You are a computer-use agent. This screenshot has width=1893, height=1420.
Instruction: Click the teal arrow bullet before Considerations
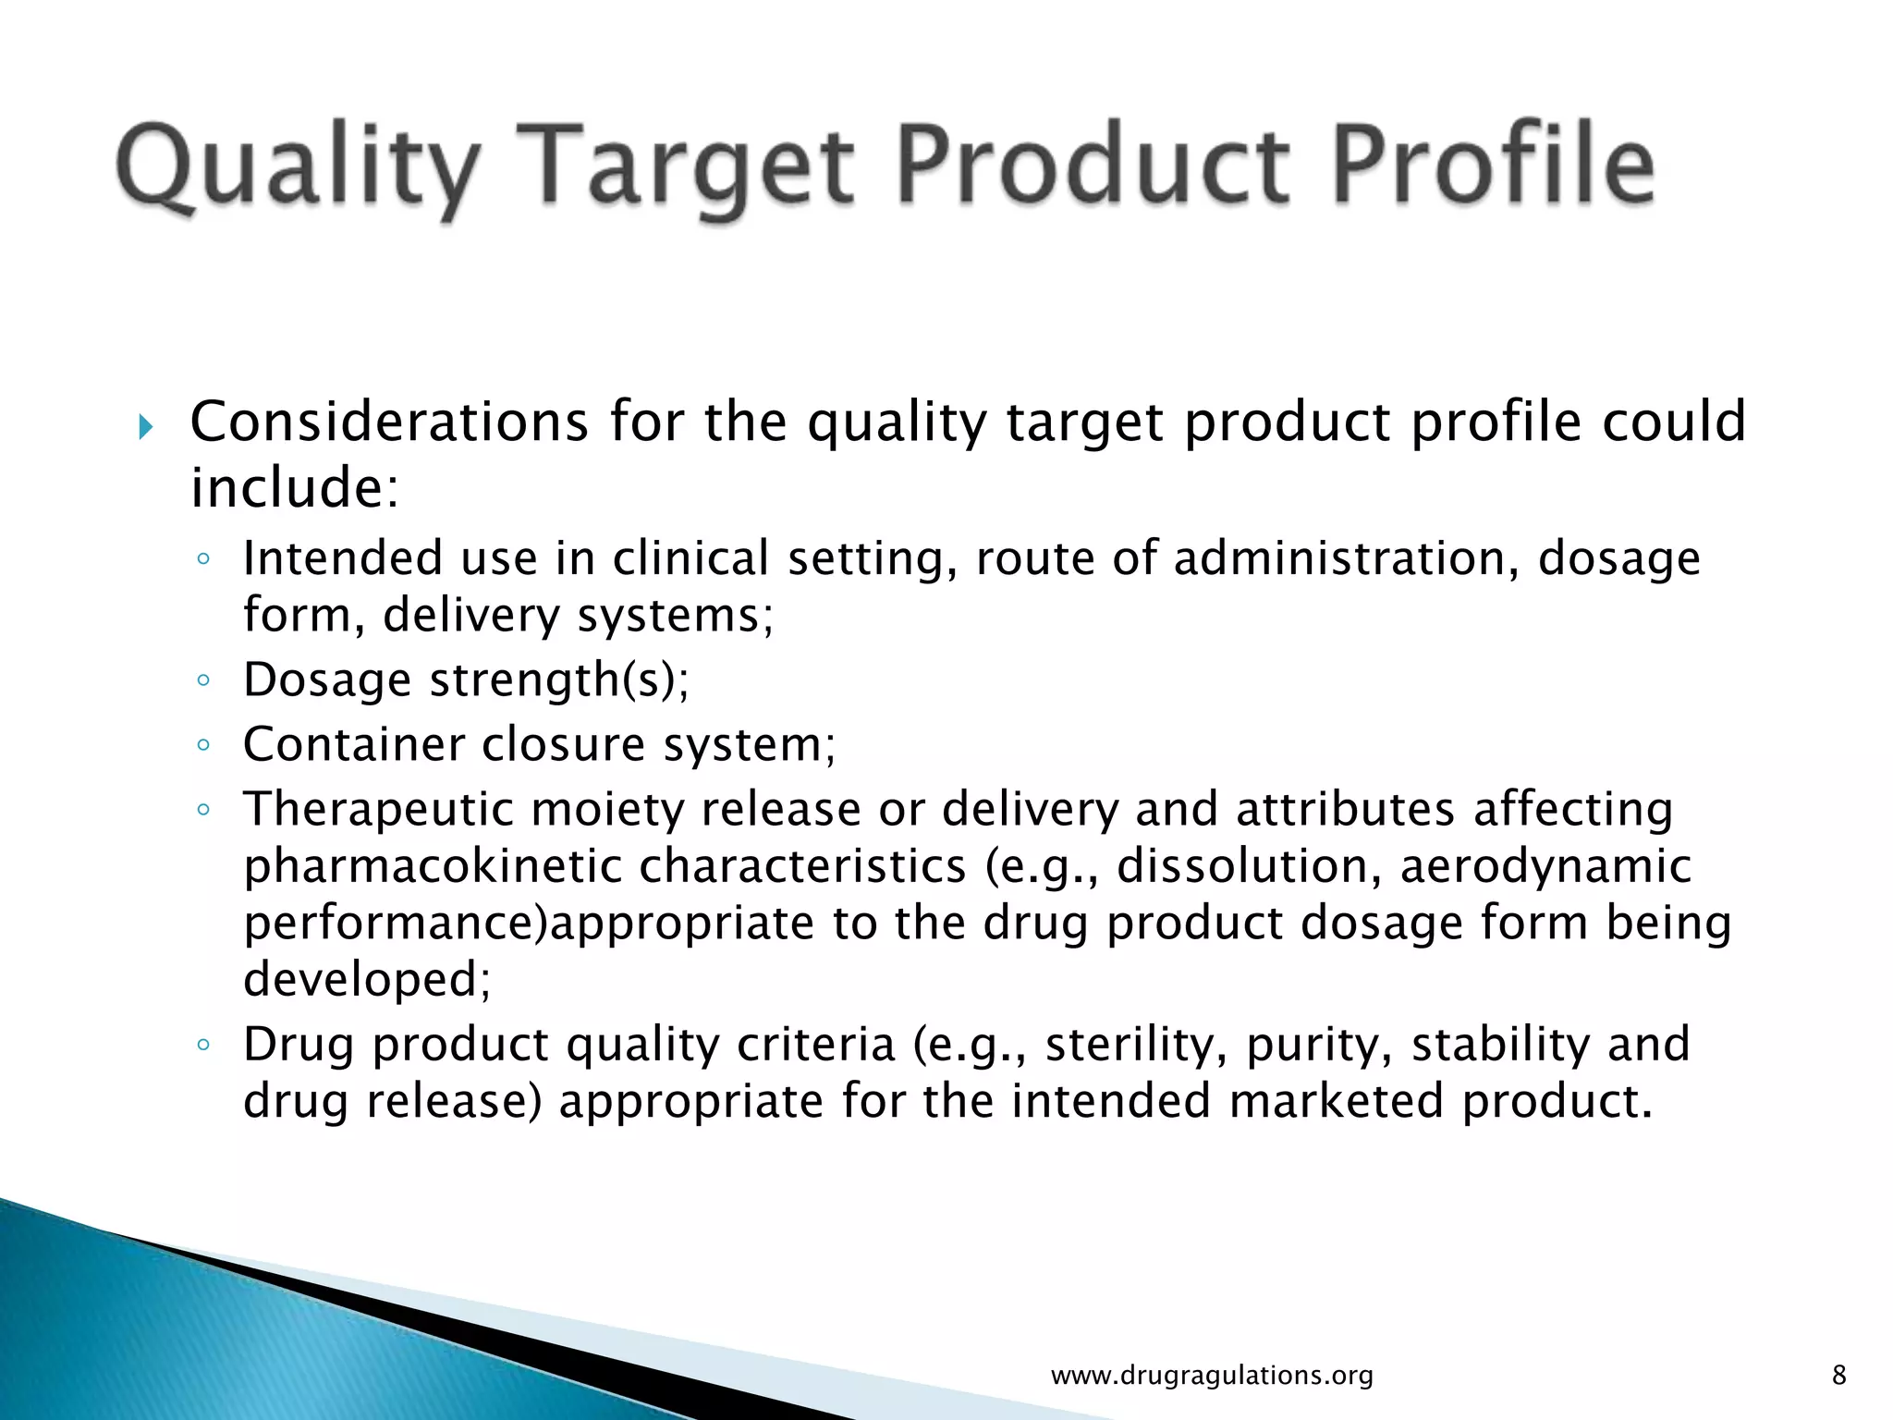[146, 427]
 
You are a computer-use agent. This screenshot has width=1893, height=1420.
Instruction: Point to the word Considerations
[389, 422]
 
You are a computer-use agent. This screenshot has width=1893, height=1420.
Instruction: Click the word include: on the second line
[294, 488]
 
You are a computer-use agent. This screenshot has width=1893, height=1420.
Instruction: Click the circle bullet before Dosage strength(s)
[204, 681]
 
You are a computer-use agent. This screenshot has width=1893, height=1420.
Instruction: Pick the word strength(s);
[559, 680]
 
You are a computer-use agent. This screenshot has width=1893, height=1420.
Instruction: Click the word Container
[352, 744]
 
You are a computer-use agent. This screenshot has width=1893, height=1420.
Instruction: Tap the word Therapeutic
[378, 810]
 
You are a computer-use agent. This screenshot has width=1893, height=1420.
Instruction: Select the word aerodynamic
[1545, 866]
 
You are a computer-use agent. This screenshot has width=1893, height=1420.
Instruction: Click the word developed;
[367, 979]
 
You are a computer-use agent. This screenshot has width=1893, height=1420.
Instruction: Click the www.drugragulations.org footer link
[1212, 1376]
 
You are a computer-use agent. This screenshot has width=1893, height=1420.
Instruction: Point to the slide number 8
[1838, 1376]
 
